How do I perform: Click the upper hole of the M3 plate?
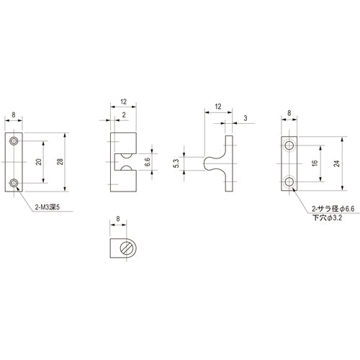point(15,141)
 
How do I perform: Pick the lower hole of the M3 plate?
point(15,185)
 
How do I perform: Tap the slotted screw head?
point(127,248)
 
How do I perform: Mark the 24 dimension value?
point(337,163)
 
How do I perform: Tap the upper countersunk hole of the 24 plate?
point(289,146)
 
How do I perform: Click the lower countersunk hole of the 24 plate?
point(289,181)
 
